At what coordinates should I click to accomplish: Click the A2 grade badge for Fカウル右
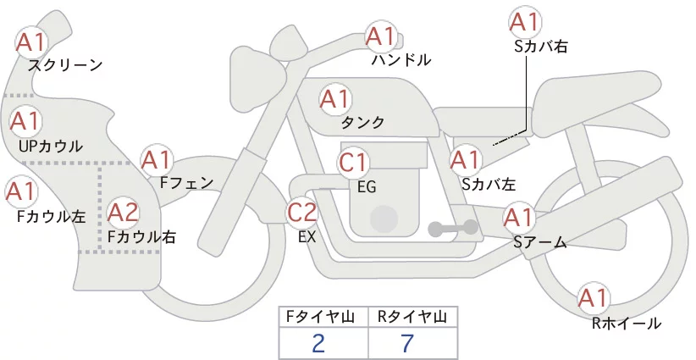coord(124,213)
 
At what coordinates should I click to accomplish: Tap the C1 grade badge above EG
coord(353,163)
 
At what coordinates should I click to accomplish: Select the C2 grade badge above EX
coord(301,212)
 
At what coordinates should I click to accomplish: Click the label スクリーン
coord(65,65)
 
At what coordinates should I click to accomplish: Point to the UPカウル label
coord(51,146)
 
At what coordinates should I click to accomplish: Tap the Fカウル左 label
coord(52,216)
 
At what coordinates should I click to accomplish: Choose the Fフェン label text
coord(186,182)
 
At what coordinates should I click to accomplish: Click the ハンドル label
coord(401,59)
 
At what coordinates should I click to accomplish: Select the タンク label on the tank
coord(362,122)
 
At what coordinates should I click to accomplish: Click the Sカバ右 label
coord(541,47)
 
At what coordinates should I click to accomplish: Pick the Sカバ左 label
coord(489,184)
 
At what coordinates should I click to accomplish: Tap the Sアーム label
coord(540,242)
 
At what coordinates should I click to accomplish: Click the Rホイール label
coord(627,324)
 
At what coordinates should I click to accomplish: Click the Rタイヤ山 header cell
coord(413,317)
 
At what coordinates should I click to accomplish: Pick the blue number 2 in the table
coord(318,343)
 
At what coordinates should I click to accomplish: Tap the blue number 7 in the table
coord(407,343)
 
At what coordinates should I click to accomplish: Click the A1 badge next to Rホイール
coord(593,298)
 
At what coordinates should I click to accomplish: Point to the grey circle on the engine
coord(384,219)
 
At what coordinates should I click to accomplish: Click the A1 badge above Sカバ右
coord(525,22)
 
